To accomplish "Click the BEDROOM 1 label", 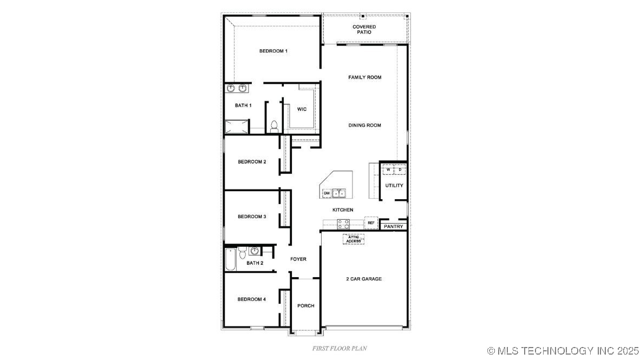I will [x=273, y=51].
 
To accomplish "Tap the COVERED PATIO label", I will [x=364, y=29].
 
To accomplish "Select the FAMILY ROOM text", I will [x=364, y=77].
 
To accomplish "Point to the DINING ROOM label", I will [x=364, y=126].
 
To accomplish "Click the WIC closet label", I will [x=302, y=109].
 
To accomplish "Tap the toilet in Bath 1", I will [x=274, y=127].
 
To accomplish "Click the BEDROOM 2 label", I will [x=252, y=162].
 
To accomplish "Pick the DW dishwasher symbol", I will [x=327, y=193].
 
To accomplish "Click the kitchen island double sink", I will [x=339, y=193].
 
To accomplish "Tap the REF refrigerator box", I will [x=371, y=222].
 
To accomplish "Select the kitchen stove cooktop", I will [x=343, y=224].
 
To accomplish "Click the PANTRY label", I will [x=394, y=226].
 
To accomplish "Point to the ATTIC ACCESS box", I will [x=353, y=239].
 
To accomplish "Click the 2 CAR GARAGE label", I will [x=364, y=279].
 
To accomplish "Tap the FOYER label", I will [x=298, y=259].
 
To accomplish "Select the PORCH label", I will [x=306, y=306].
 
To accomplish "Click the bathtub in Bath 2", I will [x=230, y=260].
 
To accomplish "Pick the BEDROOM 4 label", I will [x=252, y=299].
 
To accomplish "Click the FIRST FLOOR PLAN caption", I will [x=339, y=348].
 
